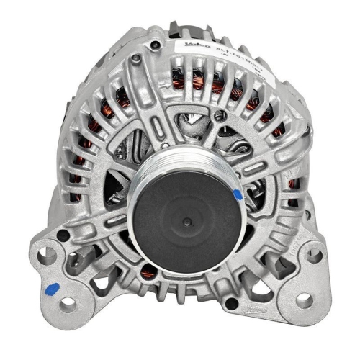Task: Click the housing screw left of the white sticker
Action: [x=152, y=48]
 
